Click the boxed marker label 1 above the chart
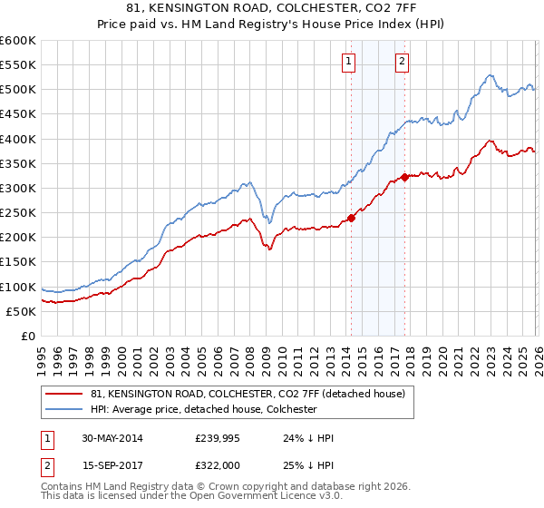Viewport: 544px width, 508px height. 349,62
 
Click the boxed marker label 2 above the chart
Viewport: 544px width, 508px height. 402,62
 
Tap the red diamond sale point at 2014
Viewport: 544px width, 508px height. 351,218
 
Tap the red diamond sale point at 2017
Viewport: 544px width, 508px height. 404,177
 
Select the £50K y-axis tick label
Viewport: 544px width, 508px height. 22,311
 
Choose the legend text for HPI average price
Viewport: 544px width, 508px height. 203,409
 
